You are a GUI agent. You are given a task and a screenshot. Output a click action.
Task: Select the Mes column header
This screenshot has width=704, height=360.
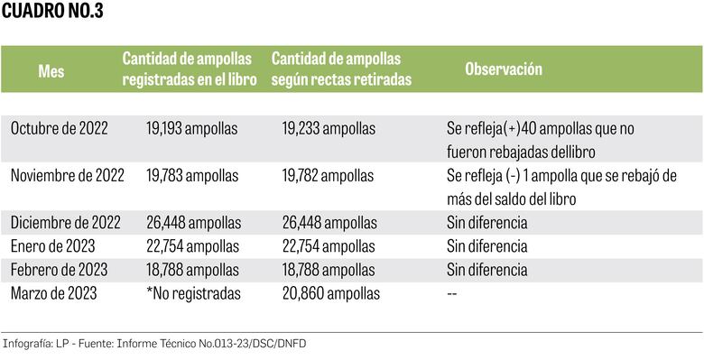click(x=51, y=70)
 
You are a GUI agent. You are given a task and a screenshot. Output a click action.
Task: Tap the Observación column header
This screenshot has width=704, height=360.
click(x=504, y=69)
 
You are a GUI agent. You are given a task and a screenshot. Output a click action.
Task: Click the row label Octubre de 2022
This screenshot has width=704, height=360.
click(x=59, y=129)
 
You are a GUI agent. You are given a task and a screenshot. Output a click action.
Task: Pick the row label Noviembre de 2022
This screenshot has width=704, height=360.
click(x=67, y=175)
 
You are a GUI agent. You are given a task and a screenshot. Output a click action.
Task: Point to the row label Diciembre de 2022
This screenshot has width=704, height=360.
click(x=65, y=222)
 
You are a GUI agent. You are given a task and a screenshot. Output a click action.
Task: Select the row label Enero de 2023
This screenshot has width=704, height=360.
click(x=51, y=245)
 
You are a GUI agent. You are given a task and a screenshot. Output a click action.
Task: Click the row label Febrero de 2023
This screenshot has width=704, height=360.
click(x=59, y=269)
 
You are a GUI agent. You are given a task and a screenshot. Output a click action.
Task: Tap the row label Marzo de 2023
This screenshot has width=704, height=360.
click(x=54, y=292)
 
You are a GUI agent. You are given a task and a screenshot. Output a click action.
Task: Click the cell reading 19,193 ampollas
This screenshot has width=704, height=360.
click(x=191, y=129)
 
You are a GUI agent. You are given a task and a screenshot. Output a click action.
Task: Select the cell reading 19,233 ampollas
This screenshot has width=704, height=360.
click(x=329, y=129)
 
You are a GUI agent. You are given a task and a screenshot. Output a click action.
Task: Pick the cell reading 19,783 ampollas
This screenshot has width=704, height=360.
click(x=191, y=175)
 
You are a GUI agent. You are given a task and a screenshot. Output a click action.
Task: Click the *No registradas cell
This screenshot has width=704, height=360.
click(x=193, y=292)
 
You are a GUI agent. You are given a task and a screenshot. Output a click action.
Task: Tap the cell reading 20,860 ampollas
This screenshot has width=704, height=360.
click(x=330, y=292)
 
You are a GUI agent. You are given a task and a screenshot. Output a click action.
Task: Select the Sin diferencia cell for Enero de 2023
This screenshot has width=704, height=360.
click(x=486, y=245)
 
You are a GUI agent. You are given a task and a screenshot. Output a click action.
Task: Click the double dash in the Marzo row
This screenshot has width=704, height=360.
click(x=452, y=293)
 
